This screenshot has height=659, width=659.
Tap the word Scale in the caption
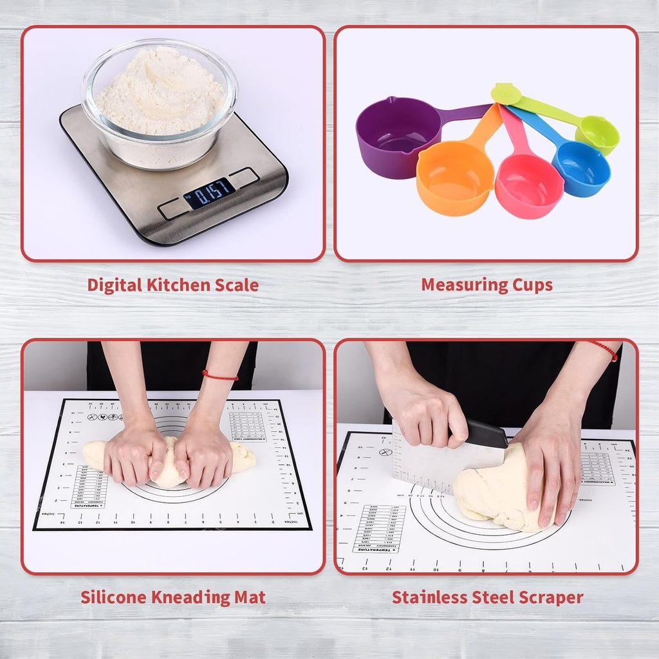click(x=234, y=285)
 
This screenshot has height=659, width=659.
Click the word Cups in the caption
click(x=532, y=285)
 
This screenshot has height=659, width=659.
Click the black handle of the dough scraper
click(x=487, y=434)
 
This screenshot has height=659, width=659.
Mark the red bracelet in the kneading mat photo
click(x=220, y=375)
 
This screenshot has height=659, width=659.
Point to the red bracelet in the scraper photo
click(x=605, y=350)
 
